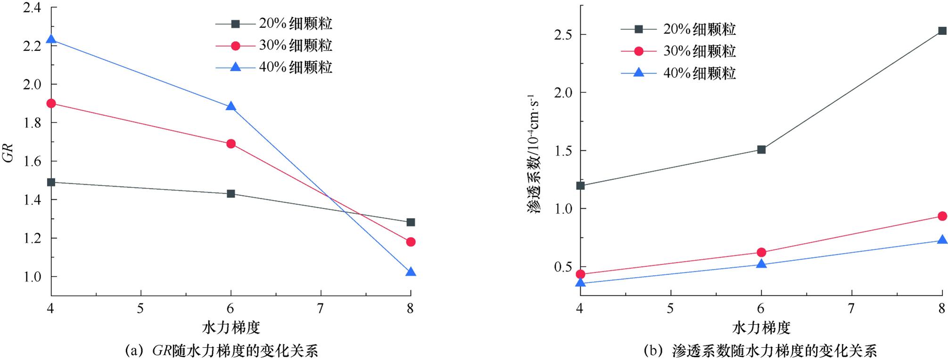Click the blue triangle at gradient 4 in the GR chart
(51, 40)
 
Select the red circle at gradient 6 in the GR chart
(231, 144)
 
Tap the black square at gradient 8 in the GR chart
(411, 222)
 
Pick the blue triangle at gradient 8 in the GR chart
(411, 272)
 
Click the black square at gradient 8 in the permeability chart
(942, 31)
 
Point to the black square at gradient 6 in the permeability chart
(761, 149)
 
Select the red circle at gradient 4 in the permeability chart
(581, 274)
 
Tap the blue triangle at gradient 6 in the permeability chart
(761, 264)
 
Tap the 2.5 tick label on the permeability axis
(561, 35)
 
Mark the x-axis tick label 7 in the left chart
(321, 308)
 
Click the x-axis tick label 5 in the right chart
(670, 308)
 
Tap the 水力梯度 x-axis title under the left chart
(231, 327)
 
